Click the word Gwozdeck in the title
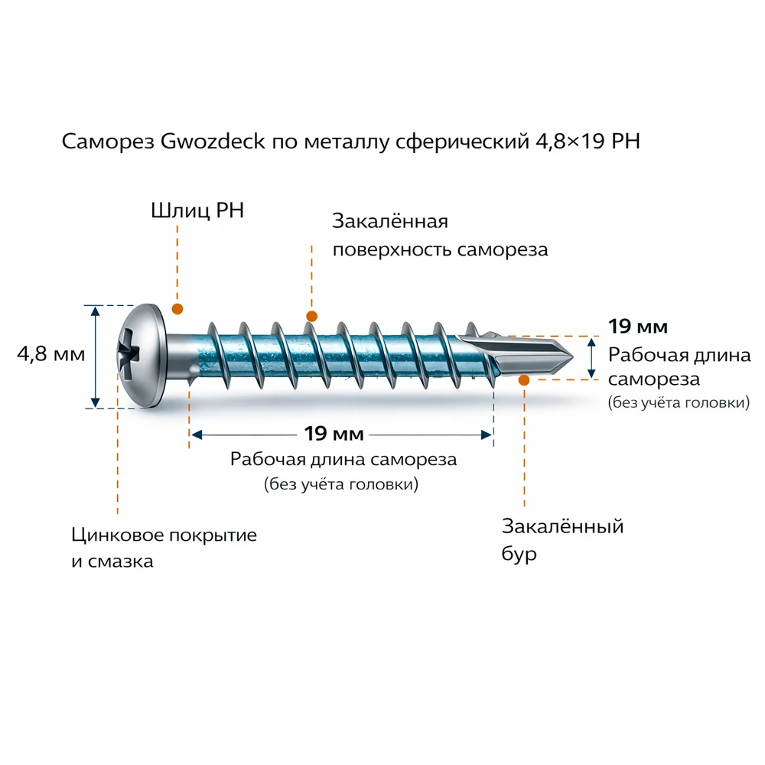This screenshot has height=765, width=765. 215,142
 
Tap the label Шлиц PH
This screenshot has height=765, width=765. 197,210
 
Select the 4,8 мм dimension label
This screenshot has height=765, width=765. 50,355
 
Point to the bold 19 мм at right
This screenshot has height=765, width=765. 638,327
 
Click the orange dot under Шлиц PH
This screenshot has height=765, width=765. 177,309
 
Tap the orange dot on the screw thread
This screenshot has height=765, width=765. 311,316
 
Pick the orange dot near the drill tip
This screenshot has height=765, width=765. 524,379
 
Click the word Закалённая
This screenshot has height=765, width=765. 389,222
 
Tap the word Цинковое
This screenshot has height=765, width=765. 115,535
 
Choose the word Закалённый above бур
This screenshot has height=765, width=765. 562,527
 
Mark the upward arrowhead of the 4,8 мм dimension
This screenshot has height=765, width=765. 95,311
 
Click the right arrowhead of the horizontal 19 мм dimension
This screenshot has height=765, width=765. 486,435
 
